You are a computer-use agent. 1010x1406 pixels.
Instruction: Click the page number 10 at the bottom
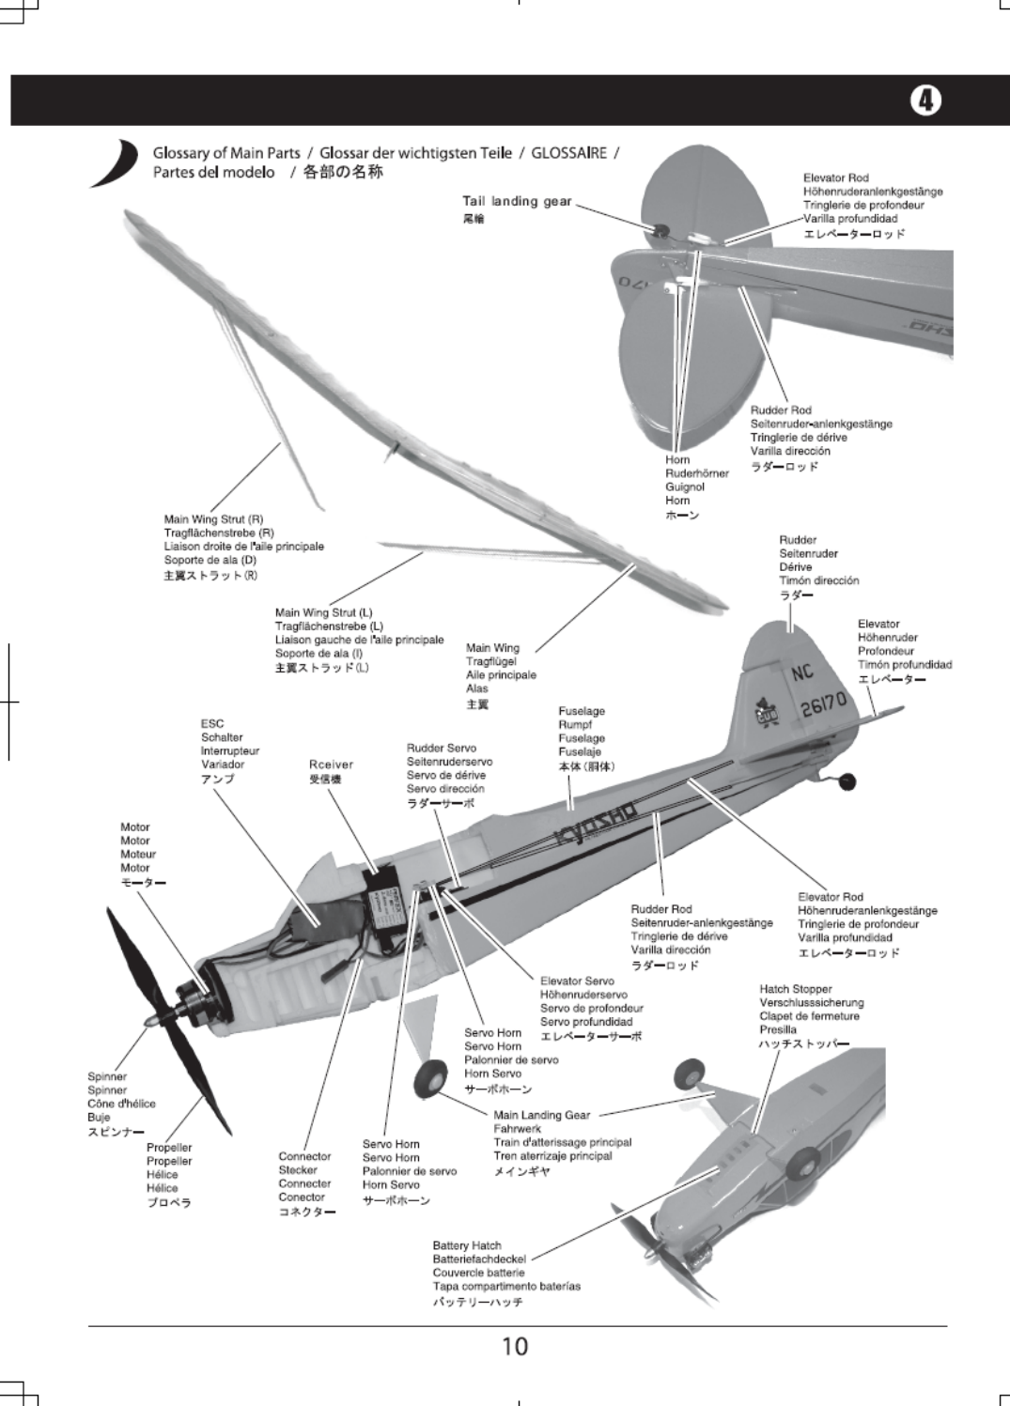pyautogui.click(x=515, y=1347)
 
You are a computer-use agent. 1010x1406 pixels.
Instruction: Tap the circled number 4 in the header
pyautogui.click(x=925, y=100)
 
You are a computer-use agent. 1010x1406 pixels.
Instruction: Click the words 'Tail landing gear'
pyautogui.click(x=516, y=201)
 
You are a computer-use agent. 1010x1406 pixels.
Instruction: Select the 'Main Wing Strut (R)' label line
pyautogui.click(x=213, y=519)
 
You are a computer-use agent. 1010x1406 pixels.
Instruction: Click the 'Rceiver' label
pyautogui.click(x=331, y=765)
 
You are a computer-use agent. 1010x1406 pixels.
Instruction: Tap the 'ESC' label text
pyautogui.click(x=212, y=724)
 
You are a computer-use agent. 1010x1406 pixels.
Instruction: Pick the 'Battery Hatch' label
pyautogui.click(x=467, y=1245)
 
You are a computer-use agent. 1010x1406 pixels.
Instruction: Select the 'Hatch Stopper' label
pyautogui.click(x=796, y=989)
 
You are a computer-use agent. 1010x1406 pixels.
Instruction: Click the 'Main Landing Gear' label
pyautogui.click(x=541, y=1115)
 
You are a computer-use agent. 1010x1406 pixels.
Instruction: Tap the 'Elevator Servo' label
pyautogui.click(x=577, y=981)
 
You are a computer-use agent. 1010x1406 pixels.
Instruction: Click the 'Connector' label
pyautogui.click(x=304, y=1157)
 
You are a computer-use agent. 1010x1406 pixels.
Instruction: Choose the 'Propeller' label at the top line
pyautogui.click(x=169, y=1148)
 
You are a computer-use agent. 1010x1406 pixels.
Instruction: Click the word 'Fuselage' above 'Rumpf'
pyautogui.click(x=582, y=712)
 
